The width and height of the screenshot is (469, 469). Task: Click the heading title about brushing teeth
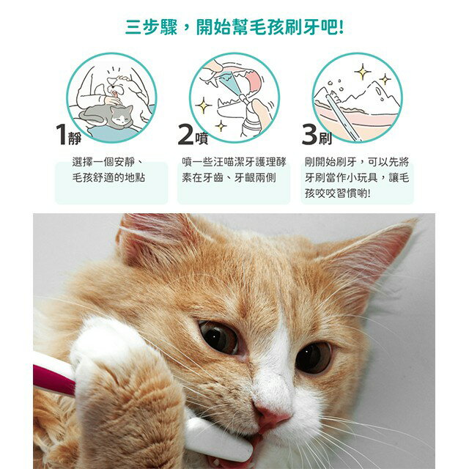[234, 27]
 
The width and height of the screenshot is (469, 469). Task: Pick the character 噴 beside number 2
[199, 137]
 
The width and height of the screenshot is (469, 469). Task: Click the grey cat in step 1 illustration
[108, 116]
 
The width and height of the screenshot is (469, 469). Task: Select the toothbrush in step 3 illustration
[341, 117]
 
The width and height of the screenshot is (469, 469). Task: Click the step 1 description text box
[108, 170]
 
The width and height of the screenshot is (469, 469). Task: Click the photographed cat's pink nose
[272, 419]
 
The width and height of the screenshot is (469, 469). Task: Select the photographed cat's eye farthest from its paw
[314, 357]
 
